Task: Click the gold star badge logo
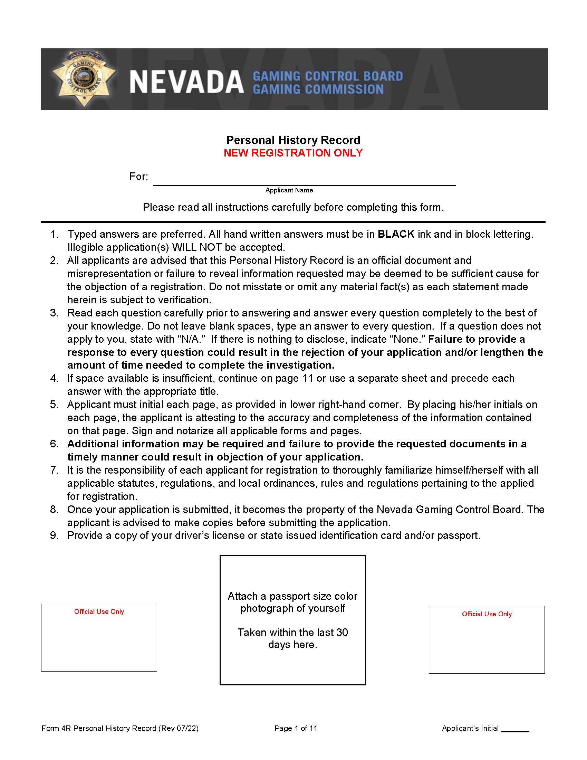pyautogui.click(x=84, y=78)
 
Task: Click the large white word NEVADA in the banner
pyautogui.click(x=186, y=83)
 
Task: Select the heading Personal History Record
pyautogui.click(x=293, y=140)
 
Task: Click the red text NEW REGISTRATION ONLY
pyautogui.click(x=293, y=153)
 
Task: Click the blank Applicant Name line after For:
pyautogui.click(x=304, y=180)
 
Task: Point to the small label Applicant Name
pyautogui.click(x=289, y=190)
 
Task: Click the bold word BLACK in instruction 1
pyautogui.click(x=396, y=234)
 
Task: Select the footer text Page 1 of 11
pyautogui.click(x=296, y=729)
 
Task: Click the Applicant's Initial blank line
pyautogui.click(x=515, y=729)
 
